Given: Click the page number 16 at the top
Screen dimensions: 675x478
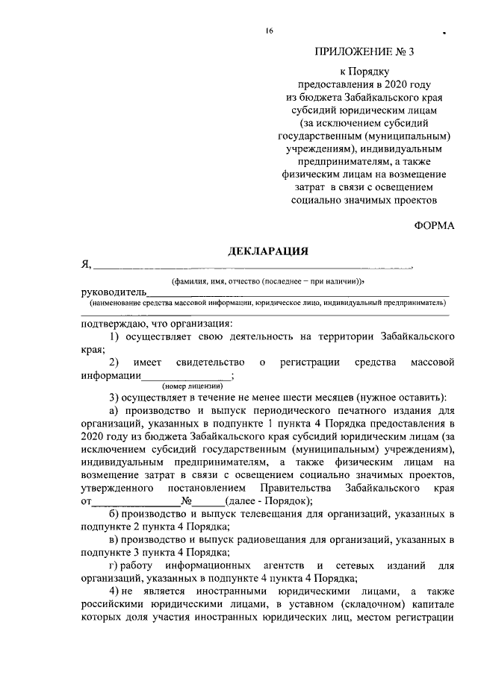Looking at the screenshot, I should [x=268, y=31].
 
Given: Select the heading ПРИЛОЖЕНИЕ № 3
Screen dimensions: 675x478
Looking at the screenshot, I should [x=374, y=51].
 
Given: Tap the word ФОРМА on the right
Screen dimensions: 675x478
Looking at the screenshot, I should [x=433, y=226].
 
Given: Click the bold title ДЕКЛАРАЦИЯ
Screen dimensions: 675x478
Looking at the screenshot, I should [x=268, y=251].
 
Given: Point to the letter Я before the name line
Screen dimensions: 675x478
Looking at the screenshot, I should [x=85, y=265].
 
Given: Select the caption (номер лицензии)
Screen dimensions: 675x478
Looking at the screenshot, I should [x=192, y=386].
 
